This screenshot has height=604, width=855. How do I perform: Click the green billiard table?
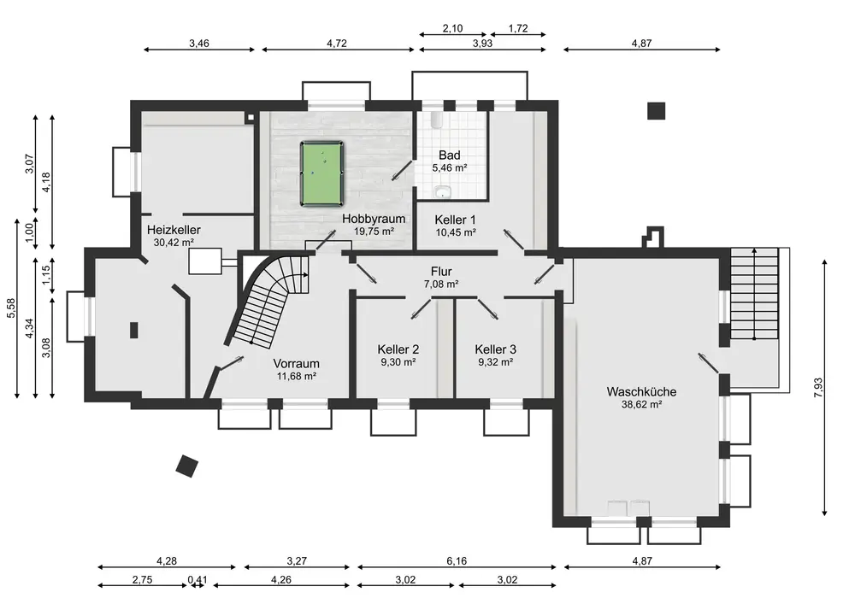pyautogui.click(x=321, y=173)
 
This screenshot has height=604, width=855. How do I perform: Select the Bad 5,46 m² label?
pyautogui.click(x=450, y=161)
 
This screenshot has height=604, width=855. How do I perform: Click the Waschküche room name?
pyautogui.click(x=641, y=391)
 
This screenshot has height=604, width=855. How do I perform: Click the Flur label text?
pyautogui.click(x=441, y=271)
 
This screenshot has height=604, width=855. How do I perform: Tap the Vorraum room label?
pyautogui.click(x=296, y=363)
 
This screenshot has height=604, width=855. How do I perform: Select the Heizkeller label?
pyautogui.click(x=174, y=230)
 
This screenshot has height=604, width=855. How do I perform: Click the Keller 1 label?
pyautogui.click(x=456, y=220)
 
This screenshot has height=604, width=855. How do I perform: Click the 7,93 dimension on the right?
pyautogui.click(x=818, y=387)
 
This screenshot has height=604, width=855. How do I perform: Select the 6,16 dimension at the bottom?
pyautogui.click(x=457, y=560)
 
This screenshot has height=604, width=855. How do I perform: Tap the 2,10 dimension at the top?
pyautogui.click(x=452, y=28)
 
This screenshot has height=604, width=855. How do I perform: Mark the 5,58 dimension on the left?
pyautogui.click(x=11, y=308)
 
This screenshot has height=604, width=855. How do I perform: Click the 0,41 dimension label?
pyautogui.click(x=198, y=579)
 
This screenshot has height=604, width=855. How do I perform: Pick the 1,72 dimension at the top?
pyautogui.click(x=518, y=28)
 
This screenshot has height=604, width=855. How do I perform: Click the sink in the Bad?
pyautogui.click(x=442, y=191)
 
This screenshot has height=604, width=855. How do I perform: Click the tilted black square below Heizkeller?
pyautogui.click(x=187, y=466)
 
